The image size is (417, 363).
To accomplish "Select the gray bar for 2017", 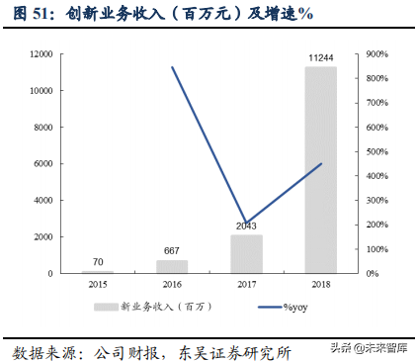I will [247, 254].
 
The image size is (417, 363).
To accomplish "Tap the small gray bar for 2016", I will [172, 266].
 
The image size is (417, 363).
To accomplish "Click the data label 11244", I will [321, 58].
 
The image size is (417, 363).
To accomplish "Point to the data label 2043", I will [246, 227].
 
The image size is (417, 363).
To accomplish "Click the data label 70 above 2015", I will [98, 262].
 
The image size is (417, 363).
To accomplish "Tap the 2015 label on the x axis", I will [98, 285].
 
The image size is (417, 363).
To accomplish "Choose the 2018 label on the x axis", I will [320, 285].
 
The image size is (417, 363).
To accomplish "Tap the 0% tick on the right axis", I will [373, 273].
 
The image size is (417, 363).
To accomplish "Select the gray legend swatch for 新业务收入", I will [106, 308].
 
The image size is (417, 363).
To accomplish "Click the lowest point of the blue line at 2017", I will [246, 224].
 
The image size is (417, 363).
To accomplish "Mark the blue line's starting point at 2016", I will [172, 67].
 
